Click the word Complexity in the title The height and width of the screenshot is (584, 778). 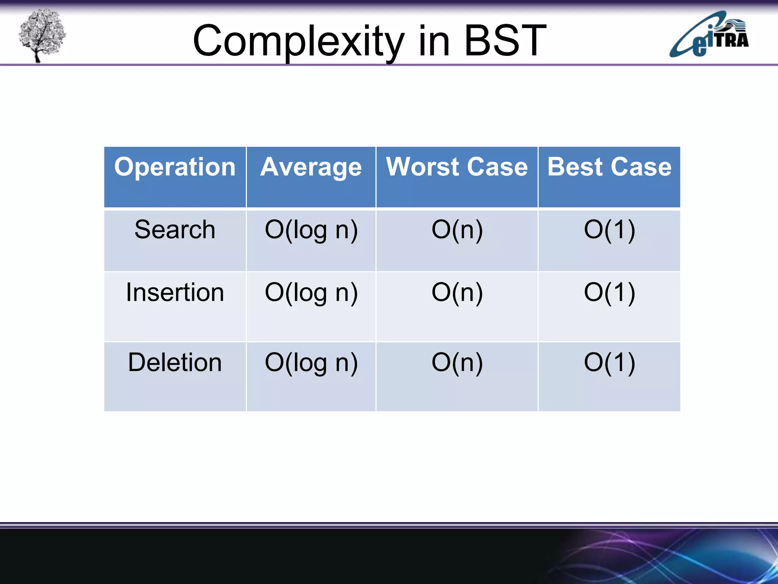click(x=298, y=41)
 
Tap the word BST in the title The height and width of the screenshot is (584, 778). click(x=505, y=40)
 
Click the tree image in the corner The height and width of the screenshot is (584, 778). click(x=42, y=35)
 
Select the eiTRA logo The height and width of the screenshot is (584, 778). click(x=709, y=35)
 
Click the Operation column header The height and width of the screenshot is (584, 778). click(x=175, y=167)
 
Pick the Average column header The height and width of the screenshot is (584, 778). click(x=311, y=167)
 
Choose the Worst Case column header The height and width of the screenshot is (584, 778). click(x=457, y=167)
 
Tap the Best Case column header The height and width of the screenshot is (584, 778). click(x=609, y=167)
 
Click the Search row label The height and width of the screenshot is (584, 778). click(x=175, y=230)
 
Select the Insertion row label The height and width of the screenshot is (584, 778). click(x=175, y=292)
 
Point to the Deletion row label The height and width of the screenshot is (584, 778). click(x=175, y=362)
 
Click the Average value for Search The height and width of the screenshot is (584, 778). click(x=311, y=230)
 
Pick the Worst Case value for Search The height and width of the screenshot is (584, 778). click(x=457, y=230)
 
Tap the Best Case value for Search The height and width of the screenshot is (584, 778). click(x=609, y=230)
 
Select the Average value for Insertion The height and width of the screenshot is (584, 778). click(x=311, y=293)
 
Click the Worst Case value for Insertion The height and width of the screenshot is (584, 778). click(x=457, y=293)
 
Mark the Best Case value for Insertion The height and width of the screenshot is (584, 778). click(x=609, y=293)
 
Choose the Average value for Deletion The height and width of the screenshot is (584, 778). click(x=311, y=363)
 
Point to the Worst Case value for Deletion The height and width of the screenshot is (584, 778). click(x=457, y=363)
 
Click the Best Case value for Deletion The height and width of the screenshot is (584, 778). click(x=609, y=363)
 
